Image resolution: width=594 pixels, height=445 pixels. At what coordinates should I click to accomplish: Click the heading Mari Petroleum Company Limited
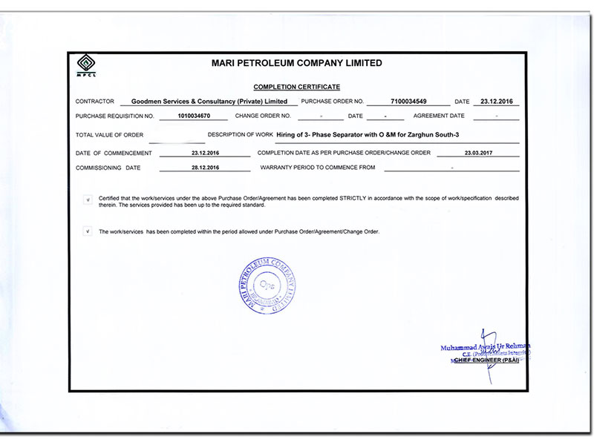point(297,64)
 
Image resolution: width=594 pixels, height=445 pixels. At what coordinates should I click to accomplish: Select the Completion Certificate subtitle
point(297,87)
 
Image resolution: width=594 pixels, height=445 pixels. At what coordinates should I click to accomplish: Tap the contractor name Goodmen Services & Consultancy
point(209,101)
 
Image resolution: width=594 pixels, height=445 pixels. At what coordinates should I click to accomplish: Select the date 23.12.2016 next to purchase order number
point(498,101)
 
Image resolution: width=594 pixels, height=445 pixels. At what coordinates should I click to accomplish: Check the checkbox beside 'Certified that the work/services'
point(88,200)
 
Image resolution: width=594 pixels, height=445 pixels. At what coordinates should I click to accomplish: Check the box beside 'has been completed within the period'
point(88,231)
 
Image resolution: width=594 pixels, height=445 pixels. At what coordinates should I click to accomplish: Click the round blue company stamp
point(269,286)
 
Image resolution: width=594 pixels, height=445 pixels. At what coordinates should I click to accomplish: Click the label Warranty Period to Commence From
point(318,168)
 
